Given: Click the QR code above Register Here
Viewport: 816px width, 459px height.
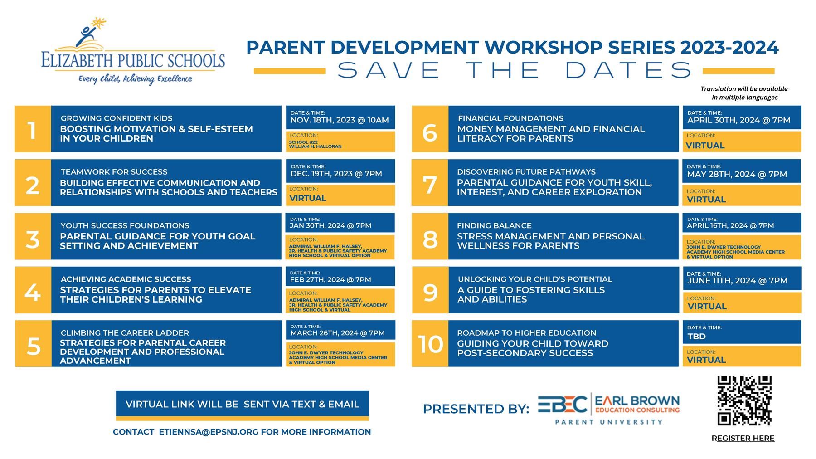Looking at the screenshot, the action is [744, 400].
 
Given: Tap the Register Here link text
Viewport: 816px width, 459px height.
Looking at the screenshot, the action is [743, 438].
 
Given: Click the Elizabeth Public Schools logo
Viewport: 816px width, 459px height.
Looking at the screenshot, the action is [133, 52].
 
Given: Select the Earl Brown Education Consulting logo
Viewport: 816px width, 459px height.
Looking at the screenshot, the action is [609, 409].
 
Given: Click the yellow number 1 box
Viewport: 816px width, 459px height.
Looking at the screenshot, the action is [33, 129].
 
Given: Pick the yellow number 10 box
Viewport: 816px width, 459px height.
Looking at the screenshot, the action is [430, 344].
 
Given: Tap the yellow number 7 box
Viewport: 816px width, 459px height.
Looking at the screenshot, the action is [430, 183].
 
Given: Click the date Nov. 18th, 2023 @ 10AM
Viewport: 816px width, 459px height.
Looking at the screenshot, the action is [340, 120].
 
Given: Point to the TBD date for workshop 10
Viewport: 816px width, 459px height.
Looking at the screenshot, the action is [697, 337].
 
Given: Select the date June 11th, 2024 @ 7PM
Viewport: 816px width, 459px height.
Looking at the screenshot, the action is [737, 281].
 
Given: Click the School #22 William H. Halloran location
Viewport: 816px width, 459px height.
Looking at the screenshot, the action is [315, 144].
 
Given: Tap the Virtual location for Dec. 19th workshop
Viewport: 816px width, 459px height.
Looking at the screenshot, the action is [308, 198].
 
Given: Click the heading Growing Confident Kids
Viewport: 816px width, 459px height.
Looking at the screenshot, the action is [117, 118].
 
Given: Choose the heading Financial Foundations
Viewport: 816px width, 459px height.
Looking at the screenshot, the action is [510, 118].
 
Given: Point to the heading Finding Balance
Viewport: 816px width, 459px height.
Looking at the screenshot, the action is [494, 225].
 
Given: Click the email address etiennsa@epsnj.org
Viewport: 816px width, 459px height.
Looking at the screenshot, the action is [209, 432].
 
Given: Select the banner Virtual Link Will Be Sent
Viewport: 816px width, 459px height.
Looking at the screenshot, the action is [243, 404].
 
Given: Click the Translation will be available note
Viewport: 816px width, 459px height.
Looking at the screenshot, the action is [744, 93].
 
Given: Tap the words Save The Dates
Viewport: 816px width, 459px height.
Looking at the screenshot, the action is [515, 70].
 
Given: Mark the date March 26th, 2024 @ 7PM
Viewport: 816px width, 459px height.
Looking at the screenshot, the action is [337, 333].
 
